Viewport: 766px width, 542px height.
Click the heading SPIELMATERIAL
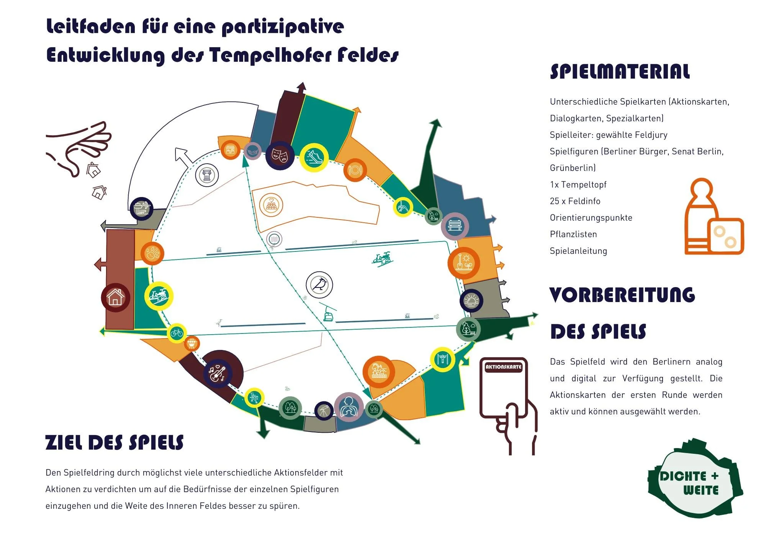620,72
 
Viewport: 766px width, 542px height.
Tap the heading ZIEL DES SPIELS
114,442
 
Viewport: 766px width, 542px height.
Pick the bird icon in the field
319,285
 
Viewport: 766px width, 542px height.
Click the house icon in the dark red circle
115,297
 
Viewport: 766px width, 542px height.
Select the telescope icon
324,411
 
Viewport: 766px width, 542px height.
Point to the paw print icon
152,253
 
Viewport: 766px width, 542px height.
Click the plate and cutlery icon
355,170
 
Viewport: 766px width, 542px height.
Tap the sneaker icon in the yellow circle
314,157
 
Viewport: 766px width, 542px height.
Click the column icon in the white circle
207,176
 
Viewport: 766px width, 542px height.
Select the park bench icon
455,226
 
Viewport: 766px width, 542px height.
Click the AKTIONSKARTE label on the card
503,367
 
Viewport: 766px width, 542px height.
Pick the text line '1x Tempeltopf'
578,185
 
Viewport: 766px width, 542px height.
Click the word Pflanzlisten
573,234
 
